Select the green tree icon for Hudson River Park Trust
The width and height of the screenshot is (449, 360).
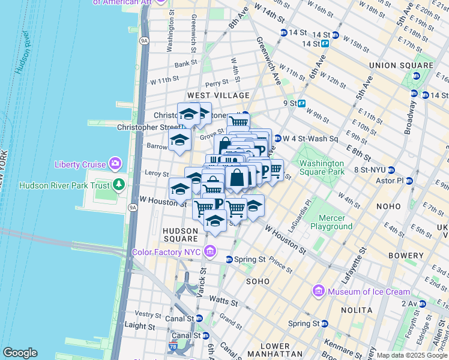tap(120, 184)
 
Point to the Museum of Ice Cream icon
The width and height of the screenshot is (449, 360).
tap(319, 292)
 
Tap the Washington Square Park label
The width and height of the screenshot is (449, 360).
tap(322, 167)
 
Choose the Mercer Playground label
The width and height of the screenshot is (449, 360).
tap(331, 222)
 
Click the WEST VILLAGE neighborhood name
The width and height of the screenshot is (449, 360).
tap(218, 95)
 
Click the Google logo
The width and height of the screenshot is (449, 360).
tap(20, 353)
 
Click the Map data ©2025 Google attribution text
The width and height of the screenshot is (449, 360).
tap(411, 355)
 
